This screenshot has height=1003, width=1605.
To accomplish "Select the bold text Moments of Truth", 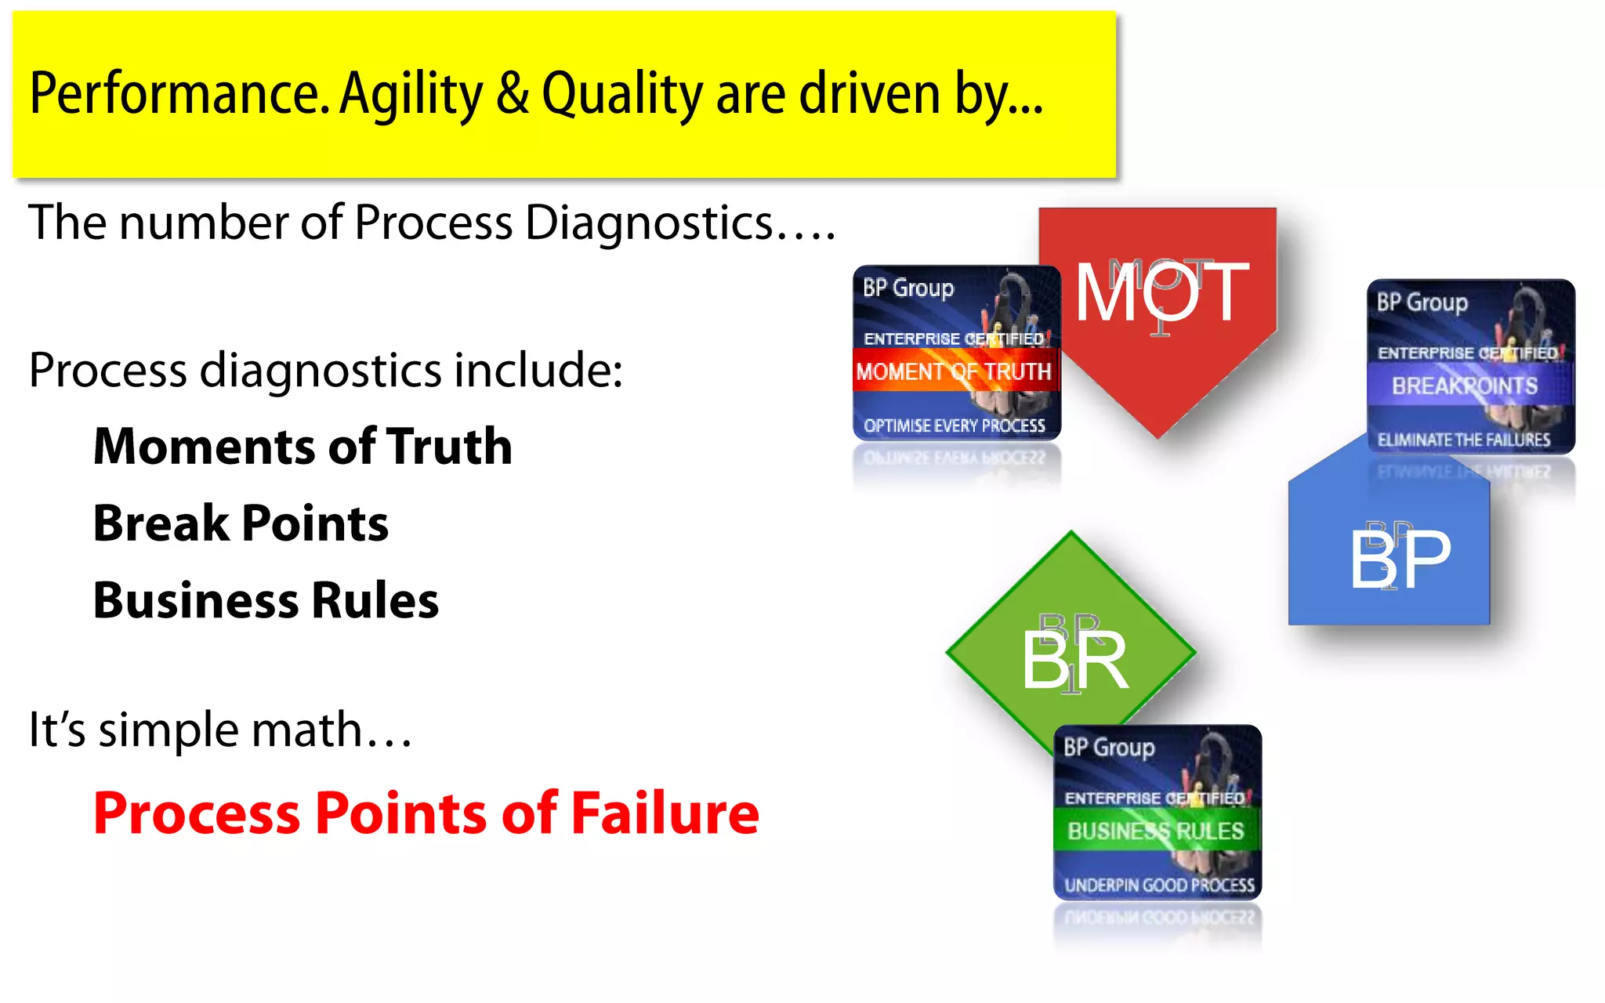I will tap(303, 447).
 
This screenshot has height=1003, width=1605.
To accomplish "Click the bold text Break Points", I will tap(241, 523).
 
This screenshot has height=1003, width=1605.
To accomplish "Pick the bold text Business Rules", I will tap(266, 601).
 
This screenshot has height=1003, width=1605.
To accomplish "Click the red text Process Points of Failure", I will tap(426, 813).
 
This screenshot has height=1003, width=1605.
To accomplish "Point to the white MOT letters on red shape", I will tap(1161, 293).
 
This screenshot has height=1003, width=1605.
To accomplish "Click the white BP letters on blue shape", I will tap(1400, 559).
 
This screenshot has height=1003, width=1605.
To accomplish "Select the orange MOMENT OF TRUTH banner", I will tap(954, 371).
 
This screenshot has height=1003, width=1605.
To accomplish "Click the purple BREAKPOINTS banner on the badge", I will tap(1464, 386).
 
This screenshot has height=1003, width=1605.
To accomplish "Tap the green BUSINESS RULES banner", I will tap(1155, 831).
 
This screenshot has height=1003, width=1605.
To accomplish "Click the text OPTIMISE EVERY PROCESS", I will tap(954, 425).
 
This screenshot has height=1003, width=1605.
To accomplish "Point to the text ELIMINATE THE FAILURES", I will tap(1463, 440).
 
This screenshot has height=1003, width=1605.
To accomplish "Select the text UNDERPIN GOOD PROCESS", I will tap(1158, 885).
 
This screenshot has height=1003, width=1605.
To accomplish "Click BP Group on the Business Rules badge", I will tap(1108, 747).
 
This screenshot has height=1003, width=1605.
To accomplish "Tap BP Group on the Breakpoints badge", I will tap(1422, 302).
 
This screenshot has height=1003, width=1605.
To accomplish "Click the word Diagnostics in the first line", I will tap(649, 223).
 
